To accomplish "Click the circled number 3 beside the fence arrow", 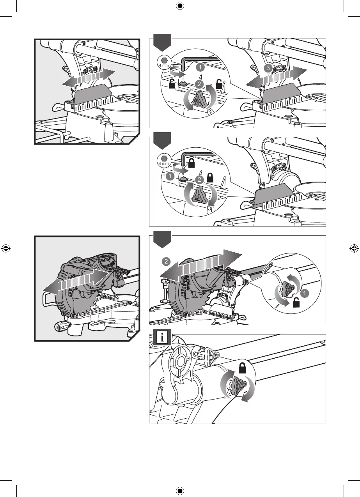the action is click(x=268, y=68).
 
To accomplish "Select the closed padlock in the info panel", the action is click(x=242, y=368).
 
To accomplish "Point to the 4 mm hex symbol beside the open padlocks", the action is click(x=164, y=62).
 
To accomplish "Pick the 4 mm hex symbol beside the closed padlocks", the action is click(x=164, y=160).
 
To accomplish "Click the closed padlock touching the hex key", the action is click(x=192, y=163).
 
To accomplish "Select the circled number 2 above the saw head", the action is click(x=166, y=262).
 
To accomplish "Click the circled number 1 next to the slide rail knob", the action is click(x=305, y=294).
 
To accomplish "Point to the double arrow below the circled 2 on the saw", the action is click(x=200, y=266).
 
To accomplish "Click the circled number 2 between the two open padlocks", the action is click(x=199, y=84).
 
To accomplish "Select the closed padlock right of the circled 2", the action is click(x=210, y=178).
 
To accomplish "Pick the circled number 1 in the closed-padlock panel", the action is click(x=170, y=177).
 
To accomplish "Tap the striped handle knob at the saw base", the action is click(x=62, y=327).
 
